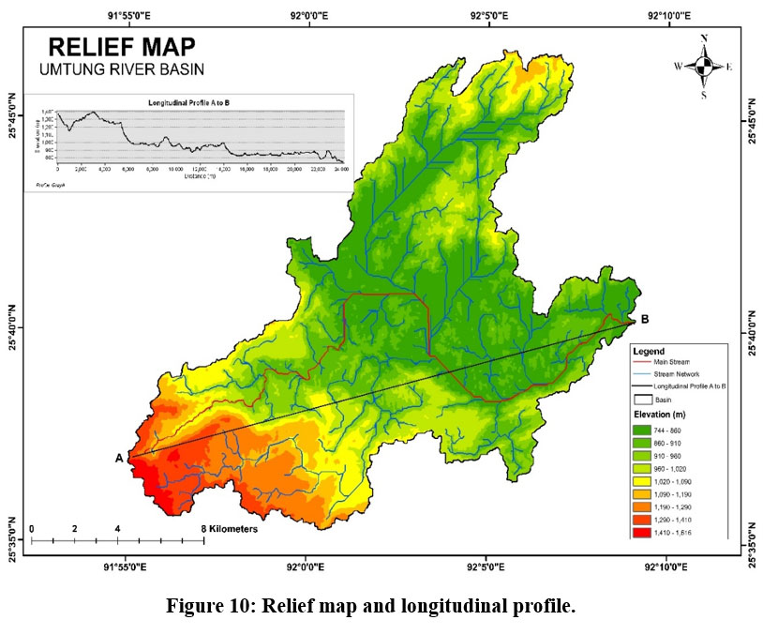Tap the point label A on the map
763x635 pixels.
coord(119,458)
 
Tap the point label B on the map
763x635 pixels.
coord(643,317)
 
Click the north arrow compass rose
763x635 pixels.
coord(703,67)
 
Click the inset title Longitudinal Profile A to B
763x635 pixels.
coord(188,100)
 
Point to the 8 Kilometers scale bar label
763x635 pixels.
coord(229,529)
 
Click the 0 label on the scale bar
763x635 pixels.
coord(32,529)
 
